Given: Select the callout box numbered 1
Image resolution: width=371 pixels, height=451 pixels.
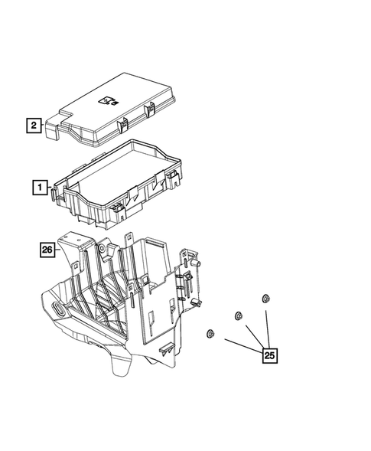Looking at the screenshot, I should pyautogui.click(x=37, y=186).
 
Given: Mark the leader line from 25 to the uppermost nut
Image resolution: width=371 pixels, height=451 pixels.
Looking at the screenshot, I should pyautogui.click(x=267, y=325).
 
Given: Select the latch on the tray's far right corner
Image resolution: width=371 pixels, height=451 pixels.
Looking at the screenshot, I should pyautogui.click(x=174, y=181).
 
